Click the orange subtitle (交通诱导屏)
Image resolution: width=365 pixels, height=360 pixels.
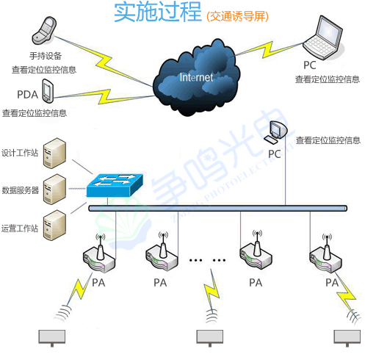[x=239, y=15]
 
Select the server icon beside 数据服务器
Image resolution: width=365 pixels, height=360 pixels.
[x=54, y=188]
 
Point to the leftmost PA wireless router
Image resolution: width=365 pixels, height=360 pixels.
[x=99, y=254]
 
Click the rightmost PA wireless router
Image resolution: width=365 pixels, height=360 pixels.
[x=324, y=254]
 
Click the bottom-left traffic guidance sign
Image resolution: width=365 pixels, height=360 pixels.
[x=51, y=336]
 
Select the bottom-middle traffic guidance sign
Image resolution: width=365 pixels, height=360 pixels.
[x=209, y=336]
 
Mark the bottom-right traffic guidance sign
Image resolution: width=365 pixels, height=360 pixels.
[x=347, y=336]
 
